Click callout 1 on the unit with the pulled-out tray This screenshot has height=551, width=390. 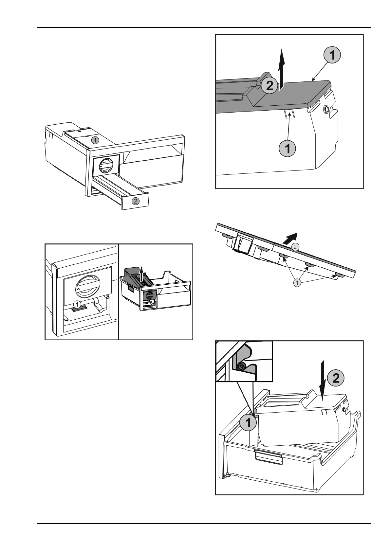click(94, 140)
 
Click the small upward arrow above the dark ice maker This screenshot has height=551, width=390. click(141, 272)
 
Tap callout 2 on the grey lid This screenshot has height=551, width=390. click(269, 85)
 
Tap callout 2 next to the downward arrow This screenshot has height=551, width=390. click(336, 378)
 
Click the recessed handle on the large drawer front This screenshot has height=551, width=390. click(268, 456)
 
